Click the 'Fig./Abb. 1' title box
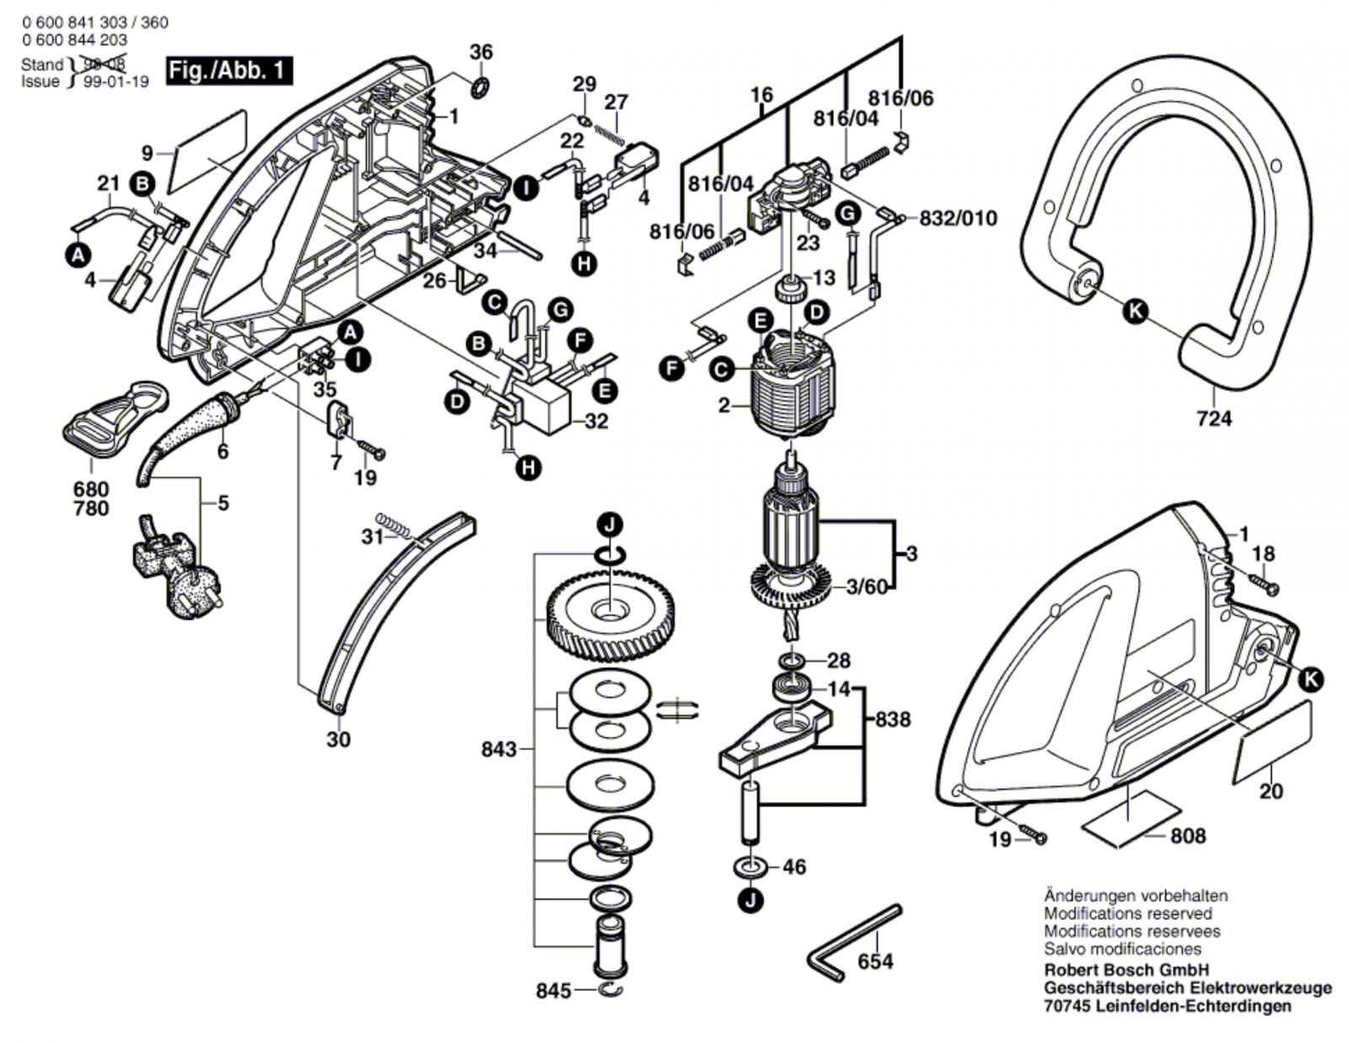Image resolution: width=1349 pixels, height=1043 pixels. tap(229, 71)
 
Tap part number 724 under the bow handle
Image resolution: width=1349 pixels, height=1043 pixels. tap(1213, 418)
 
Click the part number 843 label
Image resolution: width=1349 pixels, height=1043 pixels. tap(499, 749)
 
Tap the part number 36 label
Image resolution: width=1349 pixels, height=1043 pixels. tap(481, 52)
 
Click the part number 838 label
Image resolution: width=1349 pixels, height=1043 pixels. tap(893, 719)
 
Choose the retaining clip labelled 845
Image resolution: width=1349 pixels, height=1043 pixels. tap(611, 990)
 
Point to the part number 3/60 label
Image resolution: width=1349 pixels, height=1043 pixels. tap(867, 586)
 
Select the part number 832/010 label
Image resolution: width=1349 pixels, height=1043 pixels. tap(958, 218)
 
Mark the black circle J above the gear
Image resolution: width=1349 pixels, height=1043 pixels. tap(610, 525)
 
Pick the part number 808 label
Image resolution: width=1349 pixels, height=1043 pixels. tap(1187, 836)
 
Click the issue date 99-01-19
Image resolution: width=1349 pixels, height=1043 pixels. tap(116, 82)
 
